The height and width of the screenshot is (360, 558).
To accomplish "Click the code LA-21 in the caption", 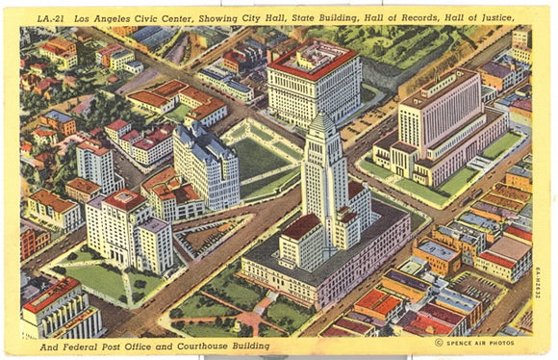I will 49,16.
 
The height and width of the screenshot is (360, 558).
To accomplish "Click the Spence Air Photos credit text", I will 482,342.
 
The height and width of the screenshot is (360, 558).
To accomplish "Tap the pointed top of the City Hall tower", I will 322,116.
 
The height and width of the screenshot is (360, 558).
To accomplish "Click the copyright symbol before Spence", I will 439,342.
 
